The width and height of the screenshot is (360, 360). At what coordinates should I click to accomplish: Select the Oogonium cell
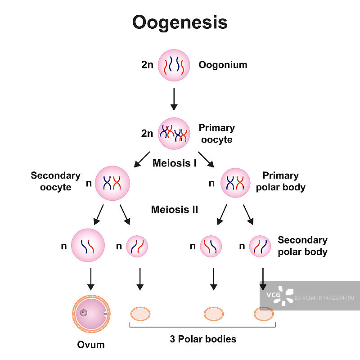174,65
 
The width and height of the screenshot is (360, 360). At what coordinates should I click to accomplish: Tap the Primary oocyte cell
174,133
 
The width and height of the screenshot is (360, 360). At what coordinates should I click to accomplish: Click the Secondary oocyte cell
112,183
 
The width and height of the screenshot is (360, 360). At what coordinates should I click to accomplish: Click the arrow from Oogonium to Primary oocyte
174,99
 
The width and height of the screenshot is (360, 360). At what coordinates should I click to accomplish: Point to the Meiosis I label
175,163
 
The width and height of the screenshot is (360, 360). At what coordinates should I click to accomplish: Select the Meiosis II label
175,209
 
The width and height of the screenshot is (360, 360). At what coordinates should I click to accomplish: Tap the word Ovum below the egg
90,345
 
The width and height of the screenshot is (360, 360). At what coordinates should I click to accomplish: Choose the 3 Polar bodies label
203,339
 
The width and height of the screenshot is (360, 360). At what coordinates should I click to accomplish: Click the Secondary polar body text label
302,246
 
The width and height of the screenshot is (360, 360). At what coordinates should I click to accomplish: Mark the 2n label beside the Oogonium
147,65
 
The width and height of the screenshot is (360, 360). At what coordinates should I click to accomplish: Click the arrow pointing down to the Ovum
90,279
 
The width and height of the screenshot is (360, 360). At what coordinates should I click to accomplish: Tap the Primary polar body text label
281,181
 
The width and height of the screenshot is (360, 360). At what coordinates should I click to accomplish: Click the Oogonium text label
223,65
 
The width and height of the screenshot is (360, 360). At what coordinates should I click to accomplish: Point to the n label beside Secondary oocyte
88,184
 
